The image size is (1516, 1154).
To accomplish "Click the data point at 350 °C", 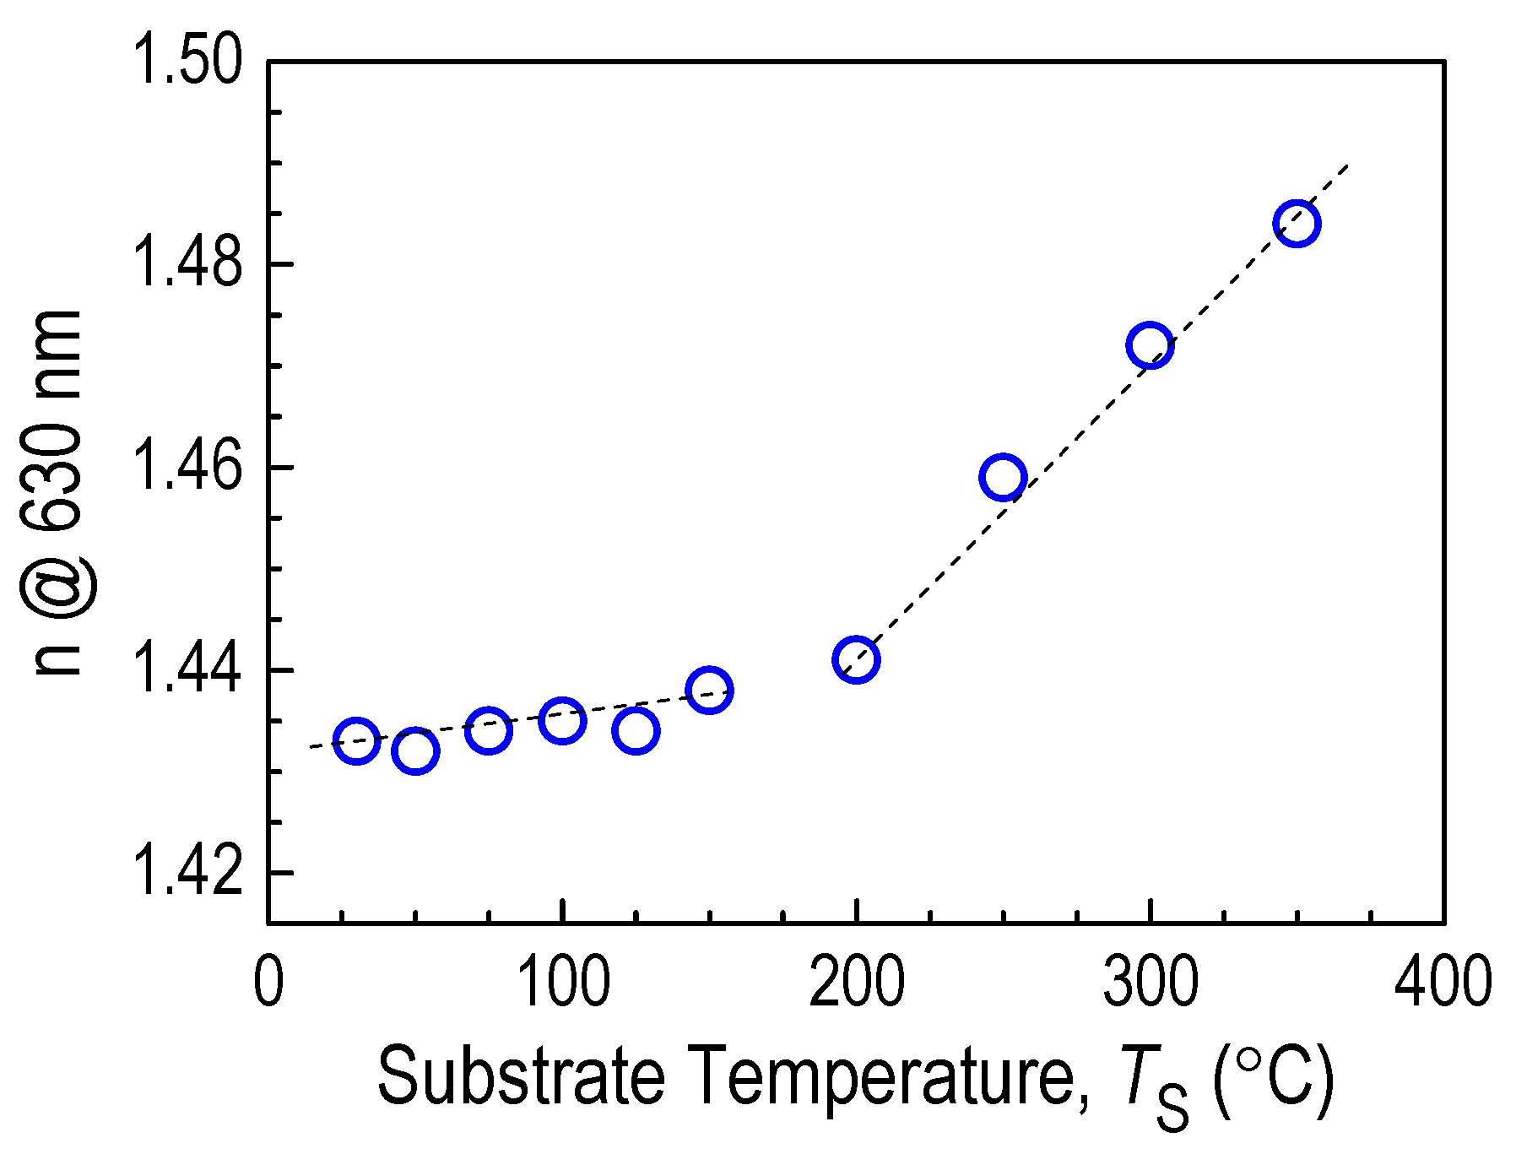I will (x=1297, y=224).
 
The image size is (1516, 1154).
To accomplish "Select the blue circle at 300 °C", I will (x=1150, y=345).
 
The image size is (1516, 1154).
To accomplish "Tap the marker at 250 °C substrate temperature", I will (x=1003, y=477).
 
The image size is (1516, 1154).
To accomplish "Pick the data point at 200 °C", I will (x=856, y=659).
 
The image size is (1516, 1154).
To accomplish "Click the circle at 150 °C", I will (x=709, y=690).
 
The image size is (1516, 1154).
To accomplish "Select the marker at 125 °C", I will (x=636, y=730).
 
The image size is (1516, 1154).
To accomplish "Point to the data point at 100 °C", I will (x=562, y=721).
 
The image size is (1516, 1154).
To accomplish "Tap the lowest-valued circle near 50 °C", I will (x=415, y=751).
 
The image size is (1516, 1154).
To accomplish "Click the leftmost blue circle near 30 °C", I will (x=356, y=741).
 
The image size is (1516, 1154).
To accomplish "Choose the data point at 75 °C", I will (x=489, y=730).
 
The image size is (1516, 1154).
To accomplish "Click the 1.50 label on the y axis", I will (x=187, y=62).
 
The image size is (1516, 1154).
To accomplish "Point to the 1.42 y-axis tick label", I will (x=187, y=874).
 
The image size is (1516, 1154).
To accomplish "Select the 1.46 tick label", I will (x=187, y=468).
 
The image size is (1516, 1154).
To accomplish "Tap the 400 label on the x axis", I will (x=1443, y=983).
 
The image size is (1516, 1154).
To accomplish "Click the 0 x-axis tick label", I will (x=268, y=983).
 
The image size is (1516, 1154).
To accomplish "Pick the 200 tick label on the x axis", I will (x=856, y=983).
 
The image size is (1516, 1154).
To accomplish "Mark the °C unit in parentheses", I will (x=1273, y=1076).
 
